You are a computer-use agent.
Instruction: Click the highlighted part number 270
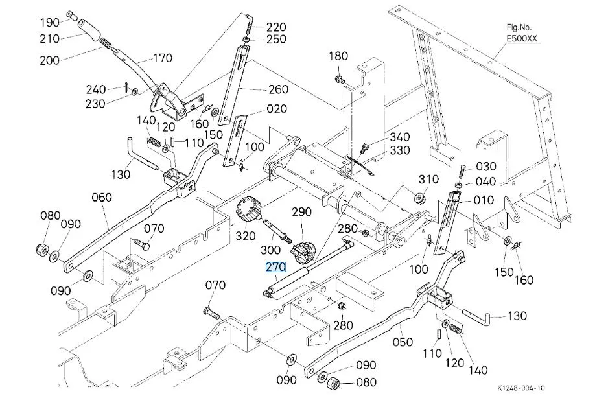point(275,266)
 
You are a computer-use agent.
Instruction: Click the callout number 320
point(246,236)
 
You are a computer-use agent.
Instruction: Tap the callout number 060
point(101,197)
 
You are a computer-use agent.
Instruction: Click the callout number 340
point(399,137)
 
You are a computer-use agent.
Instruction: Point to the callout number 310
point(428,179)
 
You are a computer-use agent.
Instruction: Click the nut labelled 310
point(419,196)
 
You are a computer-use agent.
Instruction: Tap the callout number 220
point(275,27)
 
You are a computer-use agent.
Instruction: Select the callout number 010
point(484,200)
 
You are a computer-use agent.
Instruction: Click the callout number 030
point(485,167)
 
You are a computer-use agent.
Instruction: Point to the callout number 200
point(49,60)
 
